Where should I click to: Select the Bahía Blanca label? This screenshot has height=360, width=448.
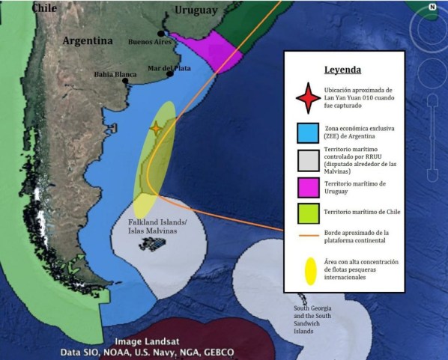[115, 74]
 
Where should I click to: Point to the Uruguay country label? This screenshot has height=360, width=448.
[196, 10]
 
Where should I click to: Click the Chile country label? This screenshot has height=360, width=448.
[44, 7]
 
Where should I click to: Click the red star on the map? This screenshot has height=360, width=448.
[156, 129]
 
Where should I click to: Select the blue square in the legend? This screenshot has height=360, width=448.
[306, 132]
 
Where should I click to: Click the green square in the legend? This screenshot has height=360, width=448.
[306, 213]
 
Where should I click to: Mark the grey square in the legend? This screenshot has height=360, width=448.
[306, 160]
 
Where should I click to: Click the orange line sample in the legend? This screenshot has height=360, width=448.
[306, 236]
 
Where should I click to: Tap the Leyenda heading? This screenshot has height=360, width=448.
[343, 70]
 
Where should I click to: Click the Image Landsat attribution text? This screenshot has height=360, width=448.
[148, 341]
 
